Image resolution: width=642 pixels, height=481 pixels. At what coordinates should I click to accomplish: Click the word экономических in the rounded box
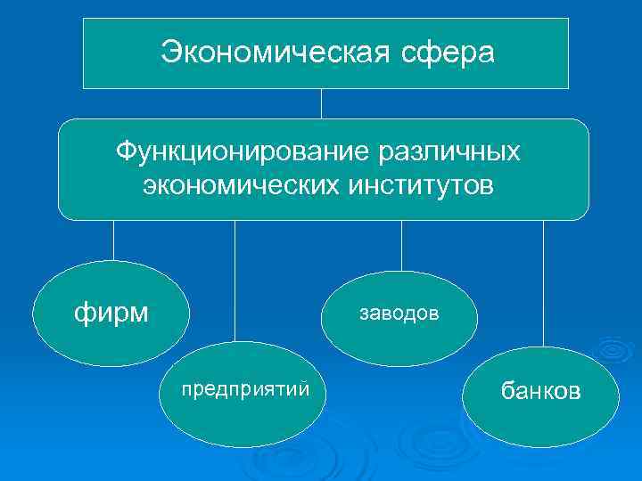point(235,187)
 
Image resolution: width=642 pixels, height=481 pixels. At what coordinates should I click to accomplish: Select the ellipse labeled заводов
point(399,314)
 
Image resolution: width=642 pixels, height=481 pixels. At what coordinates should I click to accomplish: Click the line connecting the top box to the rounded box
point(322,103)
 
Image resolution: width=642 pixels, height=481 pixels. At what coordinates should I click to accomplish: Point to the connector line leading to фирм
point(113,240)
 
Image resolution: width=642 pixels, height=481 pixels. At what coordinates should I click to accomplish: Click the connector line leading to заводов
point(401,245)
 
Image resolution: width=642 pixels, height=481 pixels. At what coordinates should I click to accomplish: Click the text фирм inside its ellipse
point(111,314)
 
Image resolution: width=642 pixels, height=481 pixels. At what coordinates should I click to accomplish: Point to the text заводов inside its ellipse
point(399,313)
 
